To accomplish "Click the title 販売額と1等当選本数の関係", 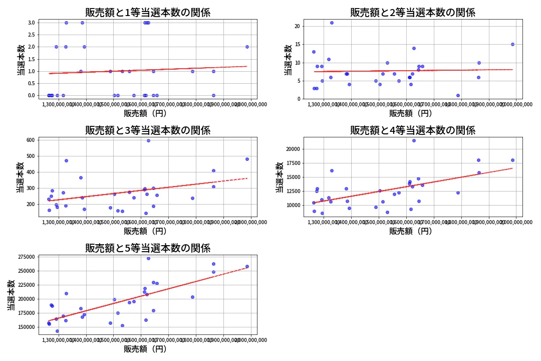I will click(x=148, y=13).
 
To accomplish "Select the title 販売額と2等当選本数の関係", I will click(x=413, y=13).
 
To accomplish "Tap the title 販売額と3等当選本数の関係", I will click(x=148, y=130).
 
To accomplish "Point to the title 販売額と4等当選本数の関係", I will click(x=413, y=130).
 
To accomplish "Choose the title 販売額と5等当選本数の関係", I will click(x=148, y=248).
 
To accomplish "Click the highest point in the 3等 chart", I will click(x=148, y=140).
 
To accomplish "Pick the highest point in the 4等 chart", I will click(x=414, y=140).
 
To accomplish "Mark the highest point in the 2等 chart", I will click(x=332, y=23).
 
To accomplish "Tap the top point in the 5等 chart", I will click(x=148, y=258).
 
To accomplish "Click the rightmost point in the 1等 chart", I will click(x=247, y=47).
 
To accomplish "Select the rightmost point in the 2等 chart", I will click(x=512, y=44).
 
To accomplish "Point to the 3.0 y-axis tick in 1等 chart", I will click(x=31, y=23).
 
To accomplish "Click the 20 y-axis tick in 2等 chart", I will click(x=297, y=27).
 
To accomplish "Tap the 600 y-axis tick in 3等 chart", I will click(x=30, y=140).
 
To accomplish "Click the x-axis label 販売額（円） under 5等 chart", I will click(x=145, y=349).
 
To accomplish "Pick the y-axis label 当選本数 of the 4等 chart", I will click(x=280, y=177).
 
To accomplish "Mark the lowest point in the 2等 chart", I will click(x=458, y=95).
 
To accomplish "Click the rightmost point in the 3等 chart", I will click(x=247, y=159).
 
